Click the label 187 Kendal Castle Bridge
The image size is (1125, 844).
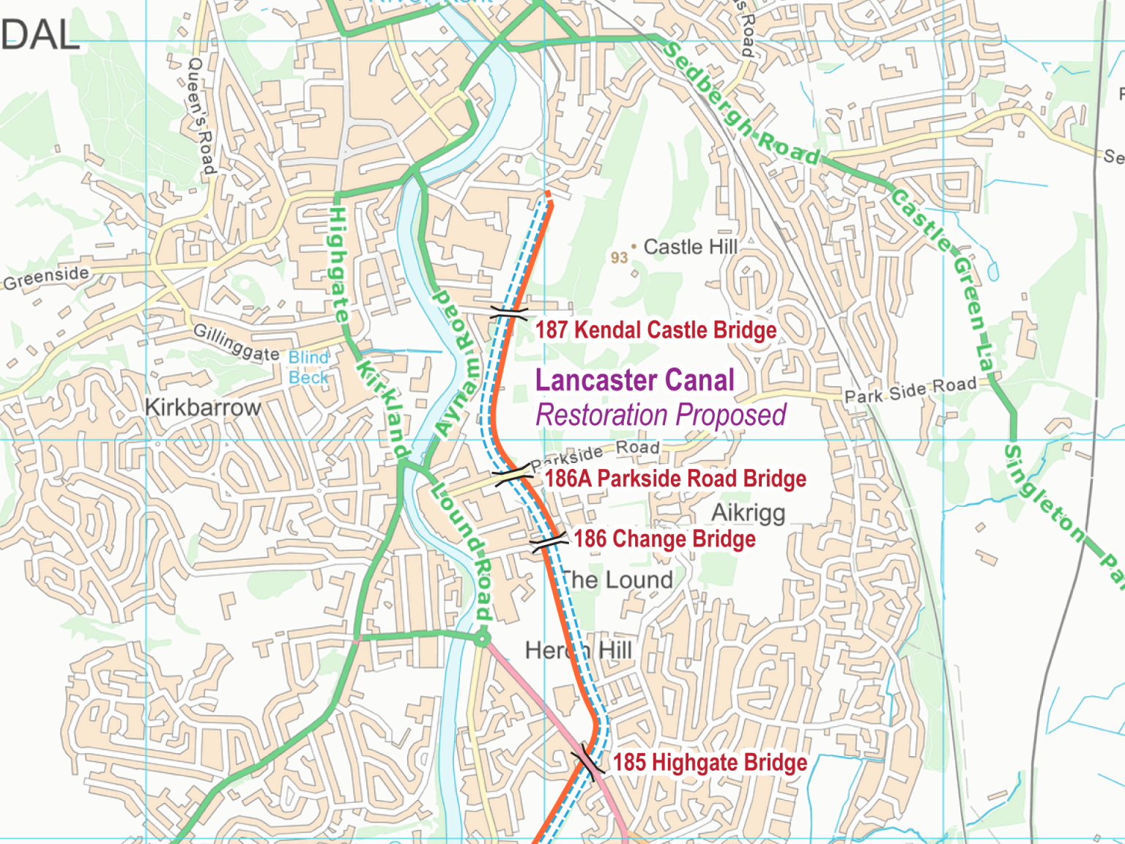[x=656, y=330]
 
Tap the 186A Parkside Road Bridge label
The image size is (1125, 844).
[x=675, y=479]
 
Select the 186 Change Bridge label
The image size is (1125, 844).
[x=664, y=539]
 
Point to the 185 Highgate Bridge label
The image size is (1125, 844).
[x=710, y=763]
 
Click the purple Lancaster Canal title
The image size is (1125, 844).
[x=634, y=380]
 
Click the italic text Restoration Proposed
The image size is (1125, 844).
[x=661, y=415]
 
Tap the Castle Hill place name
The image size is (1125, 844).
[x=690, y=248]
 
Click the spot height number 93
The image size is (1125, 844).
[x=619, y=258]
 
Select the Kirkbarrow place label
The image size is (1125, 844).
[x=203, y=407]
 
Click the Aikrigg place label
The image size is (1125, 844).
[x=748, y=513]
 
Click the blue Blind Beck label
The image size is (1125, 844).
[x=308, y=367]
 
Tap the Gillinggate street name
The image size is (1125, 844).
[x=236, y=342]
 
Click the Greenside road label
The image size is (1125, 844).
[x=46, y=278]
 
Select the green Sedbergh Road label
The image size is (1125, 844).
[x=740, y=103]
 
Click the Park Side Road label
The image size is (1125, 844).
[x=910, y=390]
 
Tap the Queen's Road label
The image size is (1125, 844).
[x=201, y=116]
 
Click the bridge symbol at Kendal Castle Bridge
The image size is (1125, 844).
[x=508, y=314]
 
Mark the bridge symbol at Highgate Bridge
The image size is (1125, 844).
[x=588, y=760]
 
